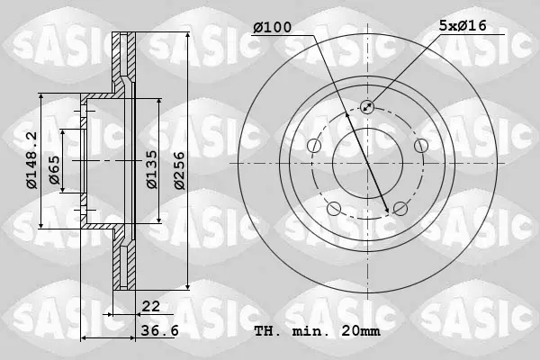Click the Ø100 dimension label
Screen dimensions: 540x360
[272, 28]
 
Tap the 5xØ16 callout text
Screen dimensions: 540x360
[463, 26]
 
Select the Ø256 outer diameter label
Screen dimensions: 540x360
[179, 170]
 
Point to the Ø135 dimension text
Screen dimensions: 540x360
[151, 169]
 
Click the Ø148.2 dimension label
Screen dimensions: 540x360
[31, 160]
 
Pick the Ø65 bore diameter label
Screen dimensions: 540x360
[54, 170]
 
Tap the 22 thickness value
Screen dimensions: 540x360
[151, 306]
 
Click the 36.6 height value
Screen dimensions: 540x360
[160, 331]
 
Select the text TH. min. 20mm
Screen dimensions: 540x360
[317, 331]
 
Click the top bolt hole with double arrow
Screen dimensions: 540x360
[367, 107]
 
